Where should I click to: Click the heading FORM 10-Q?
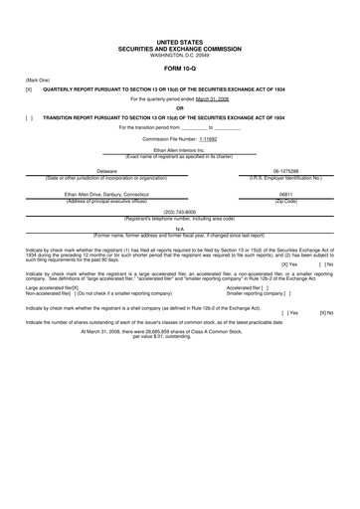click(180, 69)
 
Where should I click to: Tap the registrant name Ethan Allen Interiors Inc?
click(179, 150)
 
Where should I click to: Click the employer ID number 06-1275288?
click(285, 171)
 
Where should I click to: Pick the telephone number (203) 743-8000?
click(179, 212)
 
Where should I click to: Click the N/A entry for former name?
click(179, 228)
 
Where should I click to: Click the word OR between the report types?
click(180, 107)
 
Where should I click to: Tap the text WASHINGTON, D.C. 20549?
click(180, 56)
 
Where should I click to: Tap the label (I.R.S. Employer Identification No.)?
click(285, 178)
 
